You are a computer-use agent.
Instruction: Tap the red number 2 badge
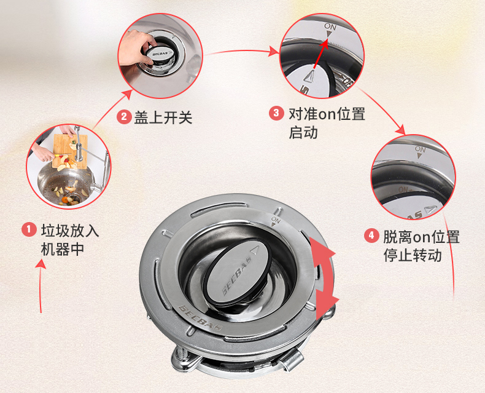coord(124,117)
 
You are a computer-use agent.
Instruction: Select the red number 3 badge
coord(276,113)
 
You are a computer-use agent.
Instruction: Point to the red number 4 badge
coord(371,236)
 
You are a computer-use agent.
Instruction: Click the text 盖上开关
coord(163,117)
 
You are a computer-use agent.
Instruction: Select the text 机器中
coord(62,250)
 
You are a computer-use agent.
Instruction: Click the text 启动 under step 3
coord(303,132)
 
